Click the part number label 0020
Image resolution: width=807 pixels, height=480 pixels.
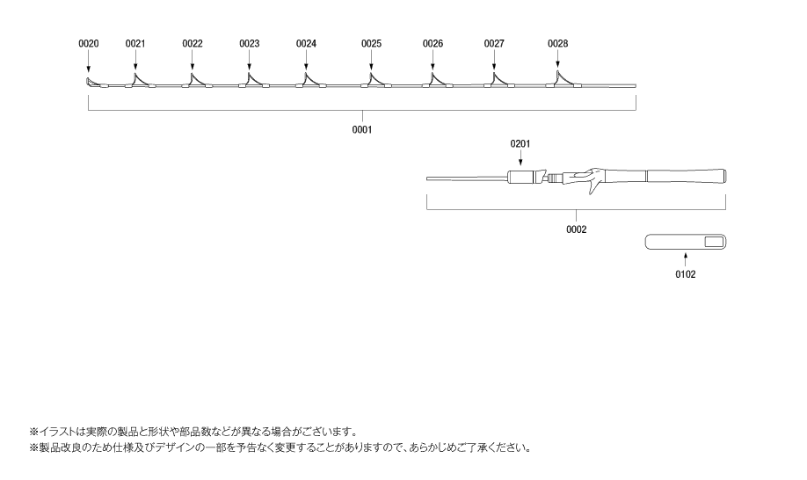click(x=89, y=44)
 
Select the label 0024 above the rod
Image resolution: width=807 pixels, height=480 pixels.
click(x=306, y=44)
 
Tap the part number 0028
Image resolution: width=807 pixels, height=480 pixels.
click(x=558, y=44)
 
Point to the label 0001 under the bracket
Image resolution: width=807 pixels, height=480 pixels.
click(x=362, y=129)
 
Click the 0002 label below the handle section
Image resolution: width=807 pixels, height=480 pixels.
click(x=577, y=229)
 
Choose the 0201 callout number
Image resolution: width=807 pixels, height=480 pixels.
click(x=520, y=143)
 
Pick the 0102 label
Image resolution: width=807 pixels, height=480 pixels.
click(x=686, y=274)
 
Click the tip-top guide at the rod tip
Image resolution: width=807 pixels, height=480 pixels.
click(x=90, y=82)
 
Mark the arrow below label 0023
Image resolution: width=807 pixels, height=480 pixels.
click(x=249, y=61)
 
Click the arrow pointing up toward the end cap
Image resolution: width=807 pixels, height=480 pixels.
click(x=686, y=258)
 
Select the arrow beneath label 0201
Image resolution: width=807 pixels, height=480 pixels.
click(x=520, y=158)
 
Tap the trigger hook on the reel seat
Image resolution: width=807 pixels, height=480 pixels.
click(x=594, y=186)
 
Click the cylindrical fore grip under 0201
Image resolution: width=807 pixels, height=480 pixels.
click(x=520, y=178)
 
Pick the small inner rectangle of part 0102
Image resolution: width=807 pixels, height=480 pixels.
click(x=714, y=242)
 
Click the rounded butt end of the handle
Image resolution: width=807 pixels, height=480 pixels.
click(x=723, y=176)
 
